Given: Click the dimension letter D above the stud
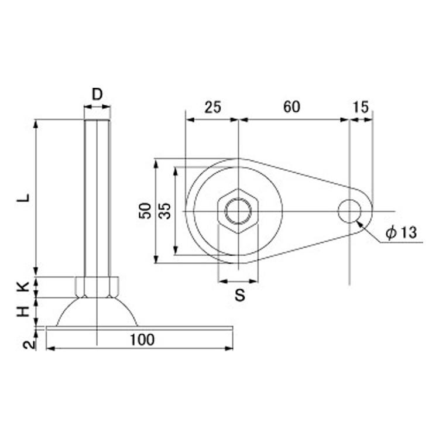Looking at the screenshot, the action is click(97, 94).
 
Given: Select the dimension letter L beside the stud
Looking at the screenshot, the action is click(23, 198).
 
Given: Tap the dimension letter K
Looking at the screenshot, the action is click(23, 286).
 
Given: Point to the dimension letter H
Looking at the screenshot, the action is click(23, 311).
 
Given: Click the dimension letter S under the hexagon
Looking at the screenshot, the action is click(240, 295).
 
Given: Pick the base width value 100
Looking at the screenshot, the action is click(142, 339).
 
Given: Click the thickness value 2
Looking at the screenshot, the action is click(29, 345).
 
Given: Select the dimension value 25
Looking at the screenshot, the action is click(213, 107).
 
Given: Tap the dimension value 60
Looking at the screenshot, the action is click(291, 107).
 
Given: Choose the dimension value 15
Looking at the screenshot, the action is click(361, 107).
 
